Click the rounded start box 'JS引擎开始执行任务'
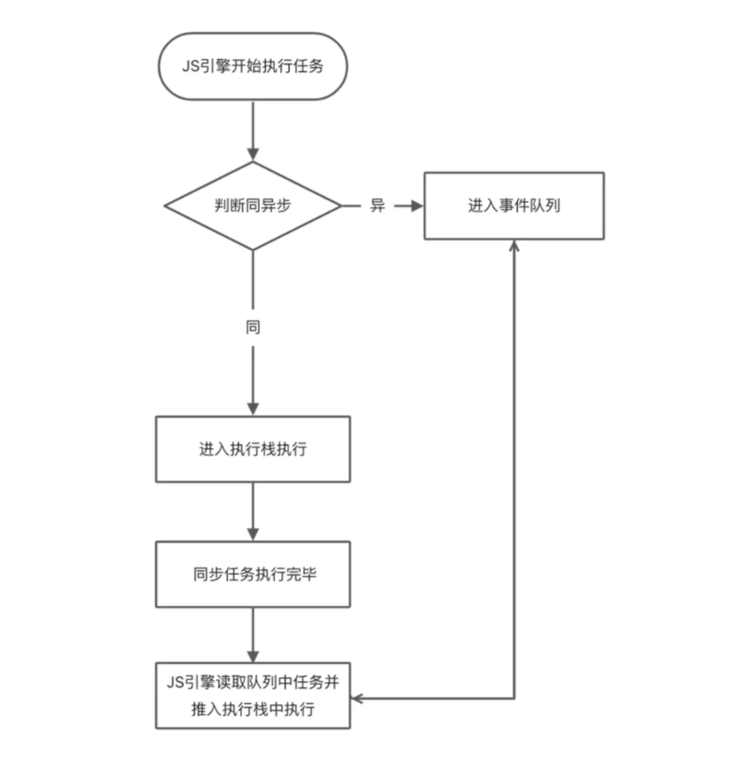(252, 66)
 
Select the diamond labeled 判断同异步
(253, 206)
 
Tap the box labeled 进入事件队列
(514, 206)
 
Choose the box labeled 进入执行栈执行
(253, 449)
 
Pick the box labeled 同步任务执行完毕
(253, 574)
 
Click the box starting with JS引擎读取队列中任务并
(253, 695)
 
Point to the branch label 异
(377, 206)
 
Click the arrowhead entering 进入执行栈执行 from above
(253, 409)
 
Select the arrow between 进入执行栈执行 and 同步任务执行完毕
(253, 511)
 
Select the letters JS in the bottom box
(175, 682)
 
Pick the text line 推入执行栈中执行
(253, 709)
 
